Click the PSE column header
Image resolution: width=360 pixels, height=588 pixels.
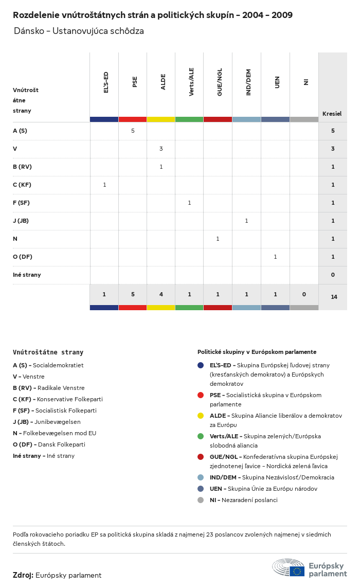(135, 82)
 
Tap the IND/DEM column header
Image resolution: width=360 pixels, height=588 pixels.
(248, 83)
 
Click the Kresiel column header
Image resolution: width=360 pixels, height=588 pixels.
(332, 114)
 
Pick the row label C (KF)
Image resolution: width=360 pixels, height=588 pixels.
(22, 185)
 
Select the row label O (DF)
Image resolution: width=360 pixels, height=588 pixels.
(23, 257)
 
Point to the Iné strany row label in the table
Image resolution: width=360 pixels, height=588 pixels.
(27, 275)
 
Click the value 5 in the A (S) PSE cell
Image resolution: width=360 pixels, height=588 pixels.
(133, 131)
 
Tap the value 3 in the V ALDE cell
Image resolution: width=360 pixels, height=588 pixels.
(161, 149)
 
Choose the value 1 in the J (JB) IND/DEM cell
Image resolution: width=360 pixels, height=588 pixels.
(246, 221)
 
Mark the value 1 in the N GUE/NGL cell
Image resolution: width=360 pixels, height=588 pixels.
(218, 239)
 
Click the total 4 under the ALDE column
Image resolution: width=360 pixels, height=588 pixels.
(161, 294)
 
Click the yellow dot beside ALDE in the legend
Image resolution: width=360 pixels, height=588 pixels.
(201, 416)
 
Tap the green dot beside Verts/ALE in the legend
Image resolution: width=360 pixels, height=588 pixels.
(201, 436)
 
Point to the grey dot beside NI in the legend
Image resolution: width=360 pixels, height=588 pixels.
(201, 500)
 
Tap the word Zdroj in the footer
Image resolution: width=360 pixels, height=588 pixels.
(23, 575)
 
